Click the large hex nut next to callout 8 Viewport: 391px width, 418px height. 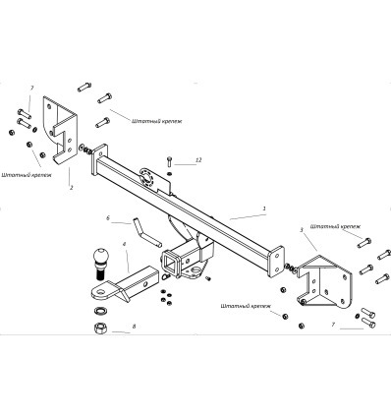[x=100, y=328]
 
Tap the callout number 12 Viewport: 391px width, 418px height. [x=198, y=160]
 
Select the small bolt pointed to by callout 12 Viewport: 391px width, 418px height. [x=169, y=161]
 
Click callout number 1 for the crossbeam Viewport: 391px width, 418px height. [x=264, y=209]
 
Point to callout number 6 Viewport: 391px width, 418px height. [x=108, y=217]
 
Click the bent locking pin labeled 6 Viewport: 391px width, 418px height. [x=146, y=231]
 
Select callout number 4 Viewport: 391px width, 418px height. [x=125, y=244]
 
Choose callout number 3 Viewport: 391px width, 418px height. [x=302, y=230]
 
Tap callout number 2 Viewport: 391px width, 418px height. [x=71, y=188]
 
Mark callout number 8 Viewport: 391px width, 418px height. [x=134, y=327]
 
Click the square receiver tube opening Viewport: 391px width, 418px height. [x=171, y=263]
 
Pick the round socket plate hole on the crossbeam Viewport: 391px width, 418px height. [x=146, y=179]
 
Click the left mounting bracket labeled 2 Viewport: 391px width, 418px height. [x=60, y=129]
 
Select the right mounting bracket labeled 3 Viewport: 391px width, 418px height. [x=325, y=282]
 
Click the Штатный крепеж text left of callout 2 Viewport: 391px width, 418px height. [x=27, y=175]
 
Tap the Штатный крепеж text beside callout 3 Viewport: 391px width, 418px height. [x=335, y=226]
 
